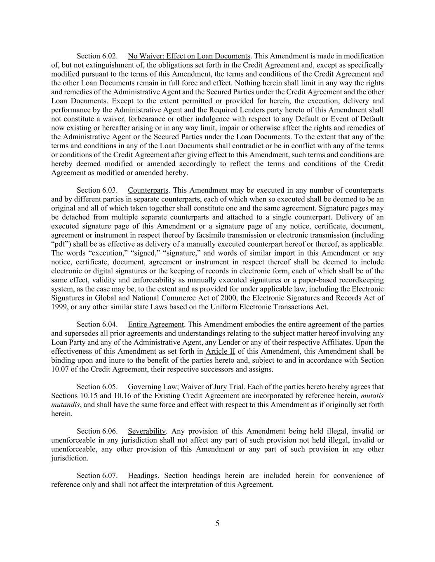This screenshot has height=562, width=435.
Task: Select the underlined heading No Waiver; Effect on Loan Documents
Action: coord(189,56)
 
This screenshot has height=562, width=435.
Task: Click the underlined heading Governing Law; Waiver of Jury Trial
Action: coord(186,387)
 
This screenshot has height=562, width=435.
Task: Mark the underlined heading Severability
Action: coord(146,431)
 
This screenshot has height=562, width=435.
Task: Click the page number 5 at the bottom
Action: coord(217,524)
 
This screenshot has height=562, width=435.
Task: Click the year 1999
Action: coord(59,307)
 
